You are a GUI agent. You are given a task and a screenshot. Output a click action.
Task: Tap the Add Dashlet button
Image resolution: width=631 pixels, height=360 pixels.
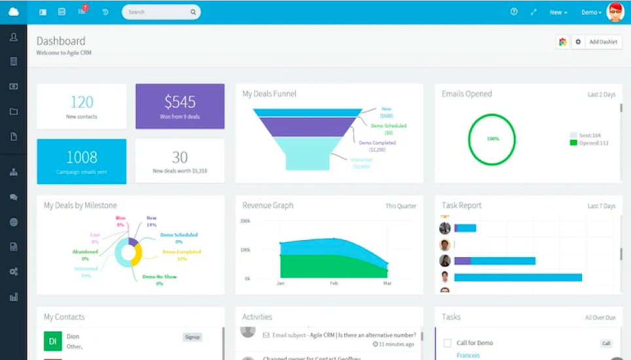point(602,42)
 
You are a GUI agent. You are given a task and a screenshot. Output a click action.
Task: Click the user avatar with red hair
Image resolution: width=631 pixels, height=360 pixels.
point(615,12)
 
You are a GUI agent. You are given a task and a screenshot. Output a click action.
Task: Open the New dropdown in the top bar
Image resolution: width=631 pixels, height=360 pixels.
point(558,12)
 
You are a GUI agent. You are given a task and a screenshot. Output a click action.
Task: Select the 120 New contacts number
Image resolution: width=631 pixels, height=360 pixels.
point(82,102)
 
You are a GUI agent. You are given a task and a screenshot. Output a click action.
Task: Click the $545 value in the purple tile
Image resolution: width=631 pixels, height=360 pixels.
point(180,101)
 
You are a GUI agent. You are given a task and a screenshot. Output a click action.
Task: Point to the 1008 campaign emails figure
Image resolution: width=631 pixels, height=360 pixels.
point(82,157)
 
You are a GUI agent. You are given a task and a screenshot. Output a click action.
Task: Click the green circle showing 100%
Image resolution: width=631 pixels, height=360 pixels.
point(492,139)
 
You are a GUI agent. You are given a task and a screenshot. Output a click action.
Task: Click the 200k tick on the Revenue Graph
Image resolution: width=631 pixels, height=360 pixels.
point(246,221)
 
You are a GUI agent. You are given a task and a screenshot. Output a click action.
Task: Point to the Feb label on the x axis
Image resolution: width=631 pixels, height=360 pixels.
point(334,283)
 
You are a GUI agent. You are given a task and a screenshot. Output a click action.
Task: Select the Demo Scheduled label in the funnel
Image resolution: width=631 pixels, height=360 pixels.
point(388,126)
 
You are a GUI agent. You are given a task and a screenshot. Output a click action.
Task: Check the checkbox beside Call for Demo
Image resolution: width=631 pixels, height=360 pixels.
point(448,343)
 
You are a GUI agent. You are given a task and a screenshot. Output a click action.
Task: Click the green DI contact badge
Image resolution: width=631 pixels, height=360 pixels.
point(53,341)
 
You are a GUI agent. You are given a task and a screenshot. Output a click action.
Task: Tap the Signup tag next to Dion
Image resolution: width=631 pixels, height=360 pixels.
point(192,337)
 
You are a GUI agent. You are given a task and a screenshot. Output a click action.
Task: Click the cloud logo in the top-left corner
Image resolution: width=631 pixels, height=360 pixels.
point(14,12)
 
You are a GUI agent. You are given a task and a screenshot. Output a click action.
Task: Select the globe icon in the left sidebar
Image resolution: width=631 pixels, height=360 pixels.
point(14,222)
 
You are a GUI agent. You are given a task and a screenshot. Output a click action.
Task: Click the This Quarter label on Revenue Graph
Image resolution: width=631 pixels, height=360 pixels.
point(401,206)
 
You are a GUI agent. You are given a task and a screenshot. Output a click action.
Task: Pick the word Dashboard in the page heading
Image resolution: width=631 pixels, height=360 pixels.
point(61,41)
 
